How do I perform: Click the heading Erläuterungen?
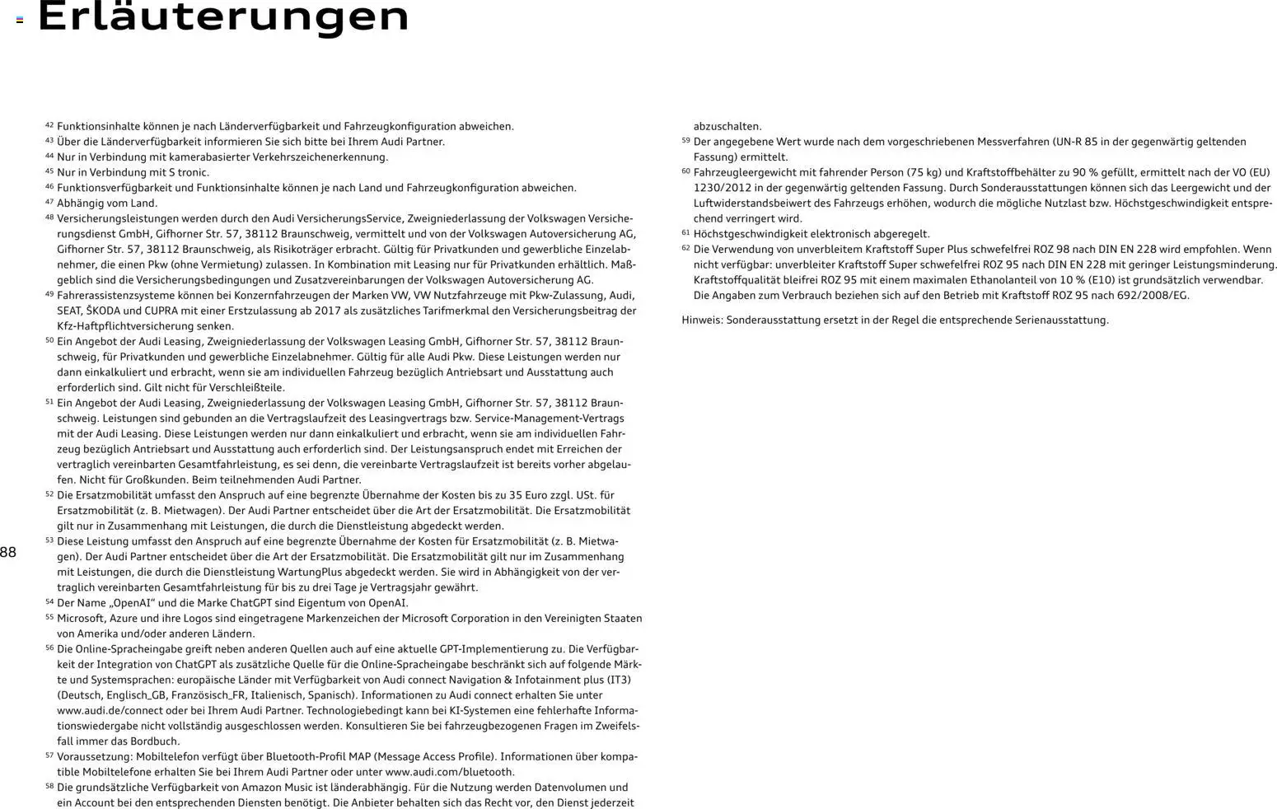point(223,18)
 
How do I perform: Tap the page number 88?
point(8,553)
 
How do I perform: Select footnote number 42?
point(49,125)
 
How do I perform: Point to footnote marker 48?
point(49,217)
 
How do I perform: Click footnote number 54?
point(49,601)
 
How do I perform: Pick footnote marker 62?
point(685,248)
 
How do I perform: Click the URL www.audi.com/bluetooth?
point(450,773)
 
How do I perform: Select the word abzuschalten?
point(727,127)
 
